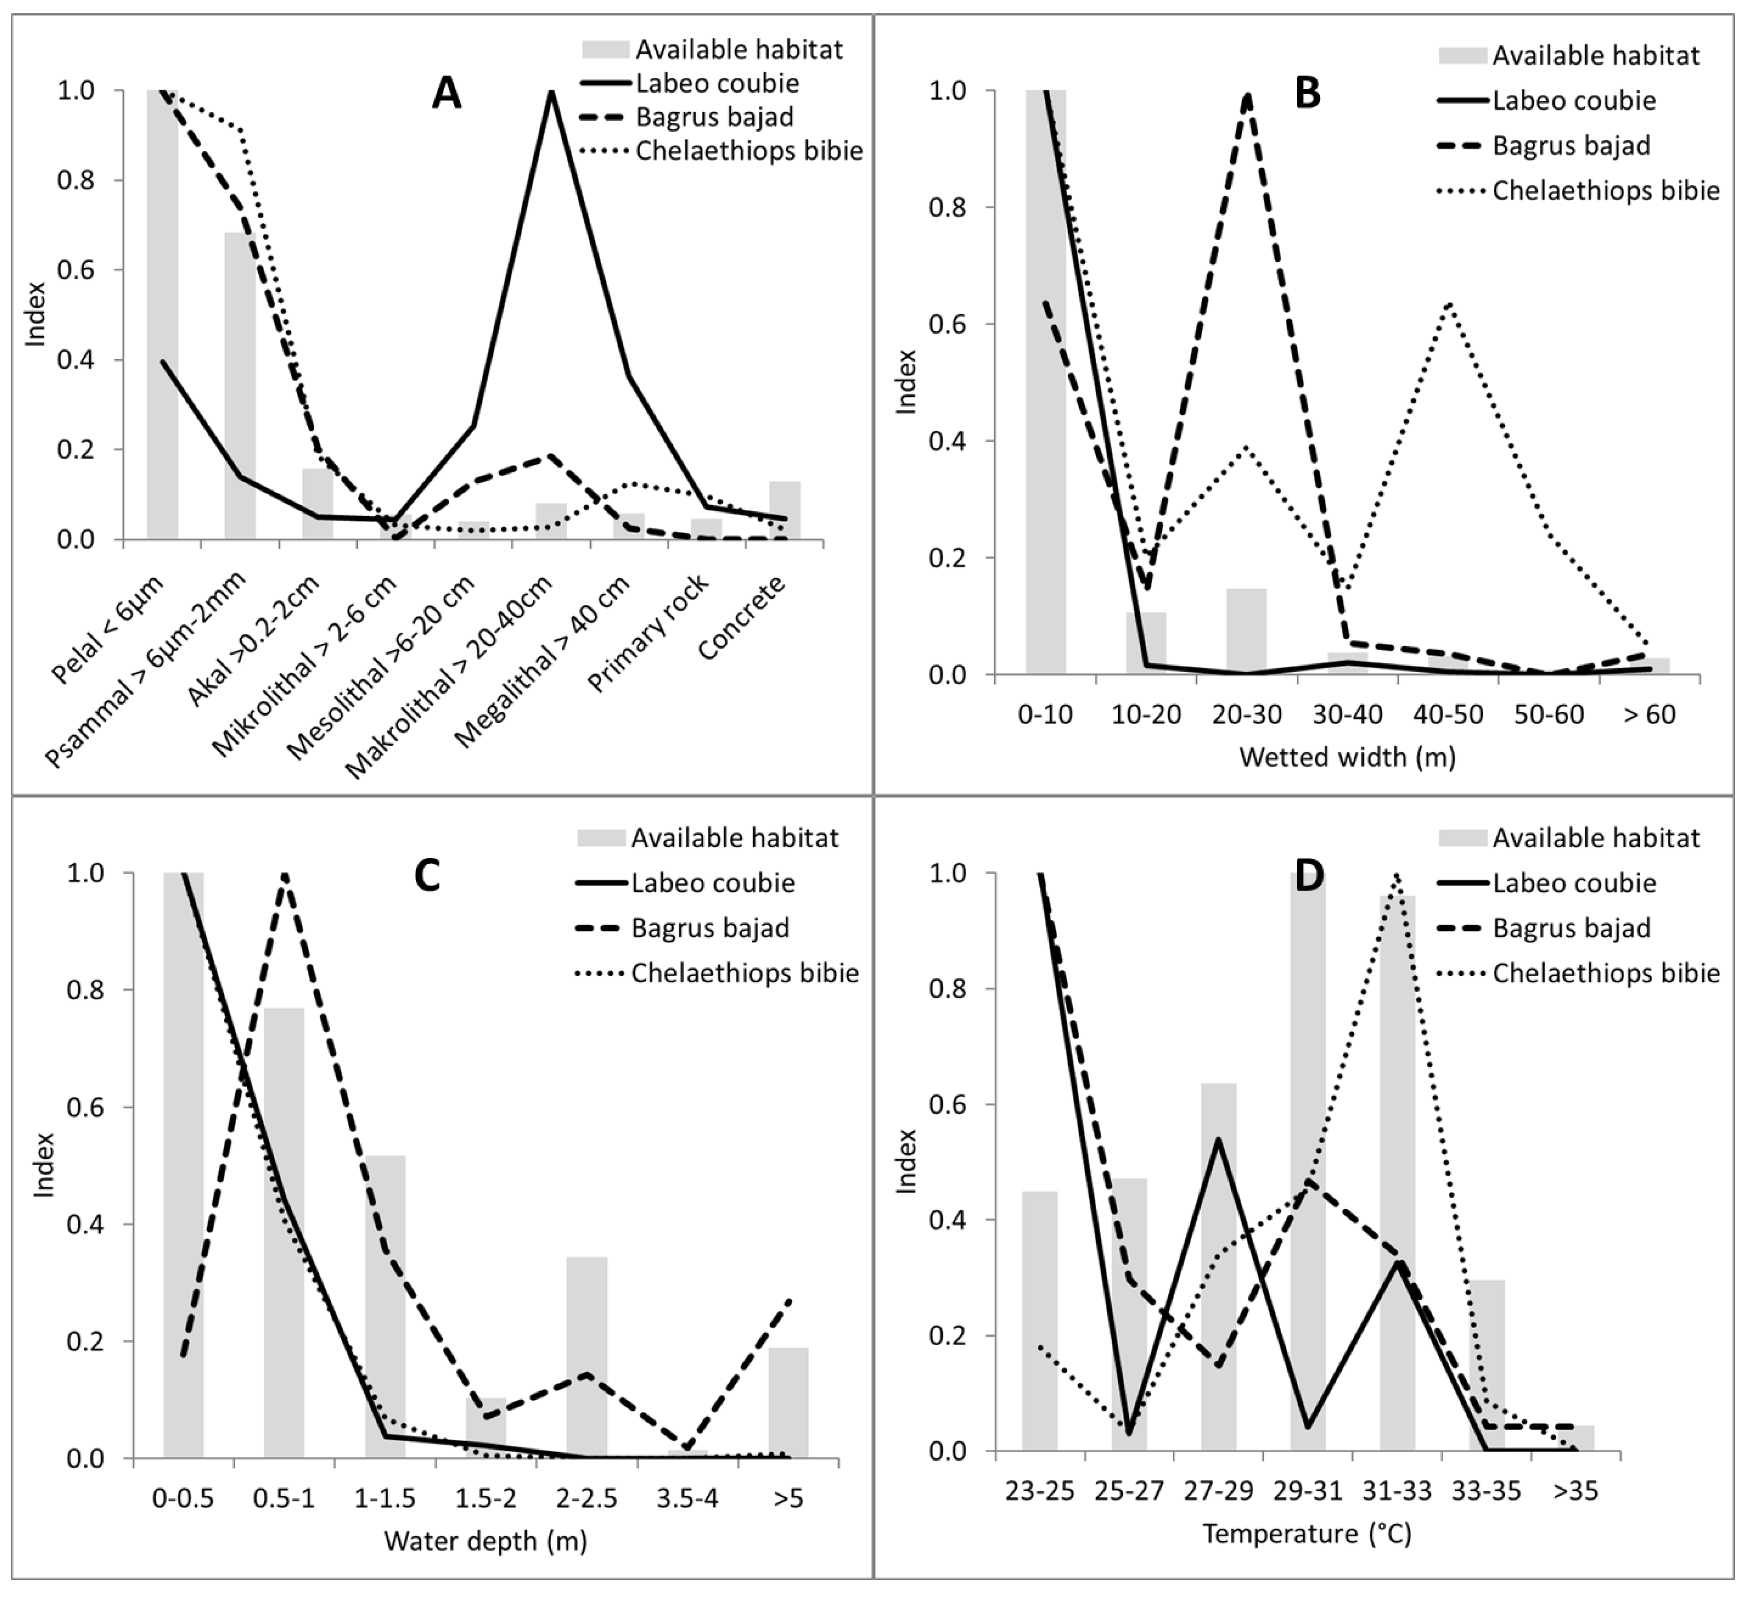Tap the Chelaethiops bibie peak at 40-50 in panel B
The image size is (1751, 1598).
click(x=1448, y=304)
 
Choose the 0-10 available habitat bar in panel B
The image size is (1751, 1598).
click(x=1046, y=382)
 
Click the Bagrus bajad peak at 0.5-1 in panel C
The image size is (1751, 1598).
click(x=285, y=875)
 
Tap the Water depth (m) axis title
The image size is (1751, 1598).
click(x=486, y=1541)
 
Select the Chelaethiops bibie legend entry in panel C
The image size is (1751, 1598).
click(x=744, y=973)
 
